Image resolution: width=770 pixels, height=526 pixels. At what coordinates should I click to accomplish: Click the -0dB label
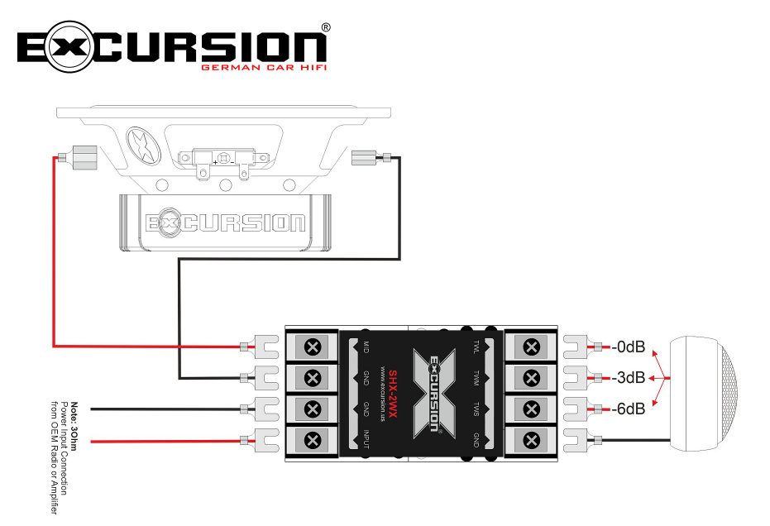(630, 347)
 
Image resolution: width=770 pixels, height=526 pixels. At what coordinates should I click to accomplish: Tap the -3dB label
(630, 378)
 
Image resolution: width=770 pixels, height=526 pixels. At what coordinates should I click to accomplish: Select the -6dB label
(630, 409)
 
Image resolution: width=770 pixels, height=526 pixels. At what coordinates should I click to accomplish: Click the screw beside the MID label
(313, 347)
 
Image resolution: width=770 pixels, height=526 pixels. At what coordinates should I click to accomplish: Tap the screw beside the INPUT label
(313, 439)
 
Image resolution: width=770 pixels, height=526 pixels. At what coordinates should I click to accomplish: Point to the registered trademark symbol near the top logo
(325, 27)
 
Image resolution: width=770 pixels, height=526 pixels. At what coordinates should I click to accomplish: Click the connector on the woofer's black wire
(365, 158)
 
